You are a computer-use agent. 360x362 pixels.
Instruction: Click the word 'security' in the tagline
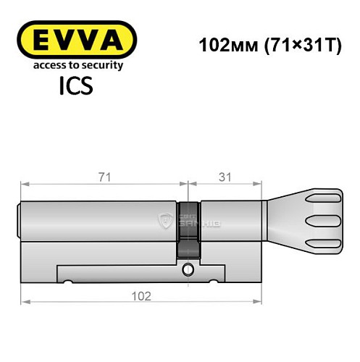coord(101,65)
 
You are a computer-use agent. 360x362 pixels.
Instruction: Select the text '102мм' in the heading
coord(222,43)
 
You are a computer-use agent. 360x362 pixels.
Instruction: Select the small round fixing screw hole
coord(188,271)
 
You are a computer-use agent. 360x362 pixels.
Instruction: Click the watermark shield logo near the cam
coord(165,221)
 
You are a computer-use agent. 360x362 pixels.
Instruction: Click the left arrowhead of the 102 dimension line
coord(23,302)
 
